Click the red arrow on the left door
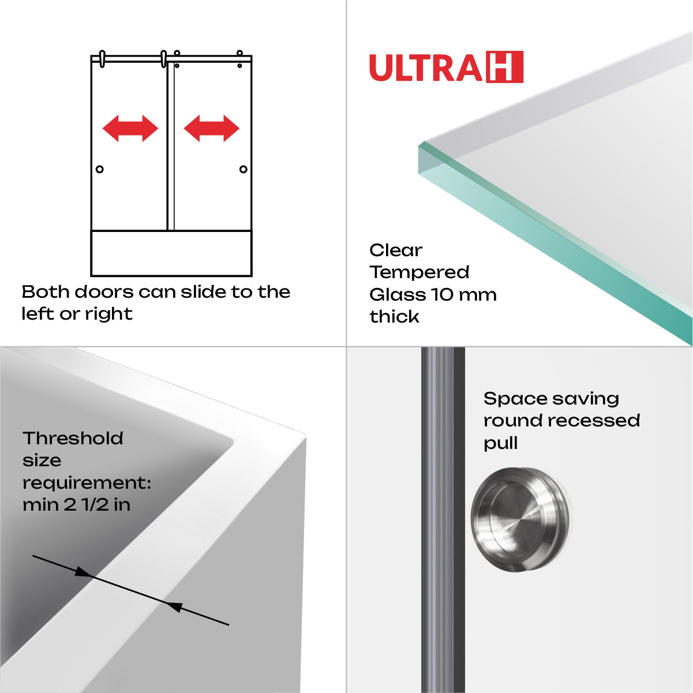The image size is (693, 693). tap(130, 128)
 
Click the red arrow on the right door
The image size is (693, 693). tap(211, 128)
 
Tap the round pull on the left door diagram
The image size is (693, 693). tap(100, 169)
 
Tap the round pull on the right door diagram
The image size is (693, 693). tap(243, 169)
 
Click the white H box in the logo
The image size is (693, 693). tap(505, 67)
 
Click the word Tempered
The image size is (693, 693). tap(419, 272)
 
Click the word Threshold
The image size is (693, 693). tap(73, 439)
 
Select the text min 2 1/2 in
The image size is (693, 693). tap(76, 505)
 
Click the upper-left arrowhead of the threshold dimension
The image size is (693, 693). tap(84, 572)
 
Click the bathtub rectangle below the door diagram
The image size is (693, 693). tap(171, 253)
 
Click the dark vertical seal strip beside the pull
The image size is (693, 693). tap(443, 519)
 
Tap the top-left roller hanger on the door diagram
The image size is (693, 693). tap(102, 59)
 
